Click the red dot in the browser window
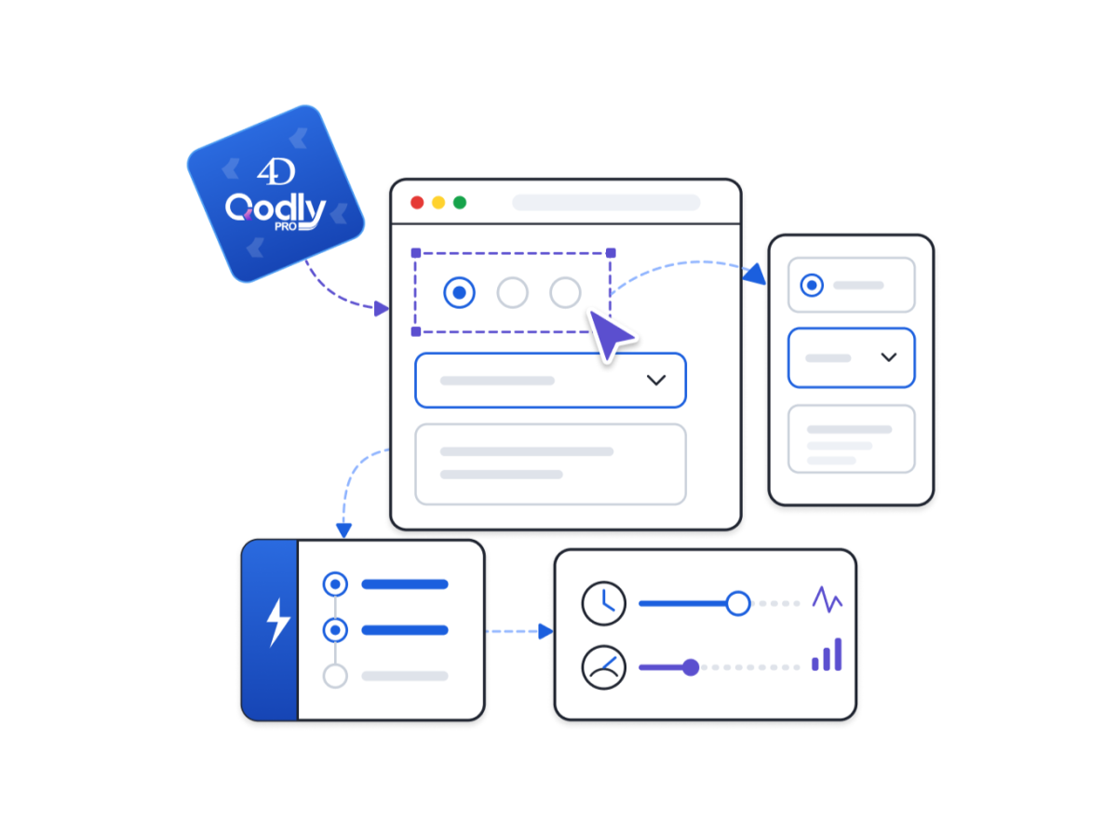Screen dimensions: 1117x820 click(x=417, y=203)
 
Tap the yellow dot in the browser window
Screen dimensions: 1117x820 click(x=438, y=203)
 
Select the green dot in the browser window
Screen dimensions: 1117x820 click(x=460, y=203)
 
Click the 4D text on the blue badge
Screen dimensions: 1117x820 click(x=276, y=171)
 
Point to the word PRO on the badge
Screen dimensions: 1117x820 click(x=285, y=227)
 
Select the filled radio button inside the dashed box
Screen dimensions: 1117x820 click(x=459, y=292)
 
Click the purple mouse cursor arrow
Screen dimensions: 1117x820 click(x=611, y=334)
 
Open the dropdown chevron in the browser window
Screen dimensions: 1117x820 click(x=656, y=381)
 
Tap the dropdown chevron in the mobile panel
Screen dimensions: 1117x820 click(x=889, y=356)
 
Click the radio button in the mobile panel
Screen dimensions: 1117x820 click(x=812, y=286)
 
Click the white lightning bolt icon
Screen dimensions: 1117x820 click(x=277, y=623)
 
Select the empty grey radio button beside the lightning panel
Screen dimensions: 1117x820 click(x=335, y=677)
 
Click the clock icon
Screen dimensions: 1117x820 click(x=604, y=604)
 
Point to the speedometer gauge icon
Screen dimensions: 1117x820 click(x=604, y=667)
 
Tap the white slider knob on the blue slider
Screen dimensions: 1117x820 click(x=738, y=604)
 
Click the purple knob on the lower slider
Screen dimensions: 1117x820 click(x=691, y=667)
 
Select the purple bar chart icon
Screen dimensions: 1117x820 click(x=827, y=654)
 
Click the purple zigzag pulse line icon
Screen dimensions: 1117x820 click(x=828, y=599)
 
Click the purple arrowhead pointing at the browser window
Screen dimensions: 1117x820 click(x=381, y=309)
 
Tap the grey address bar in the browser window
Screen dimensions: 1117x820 click(x=606, y=202)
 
